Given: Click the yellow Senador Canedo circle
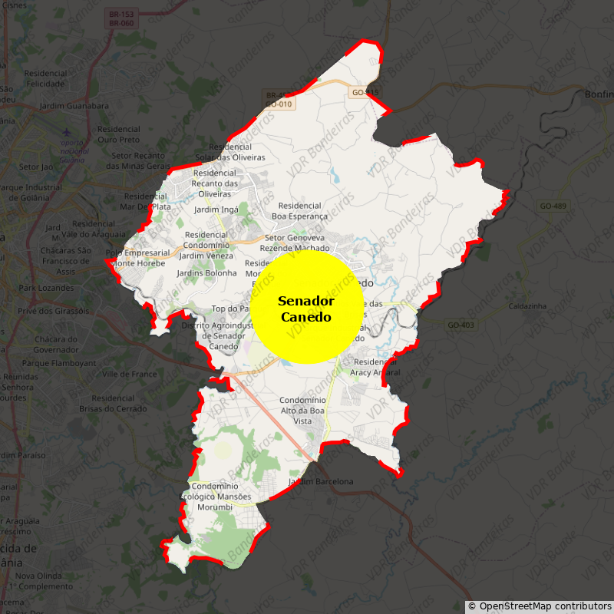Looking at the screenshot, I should [x=307, y=308].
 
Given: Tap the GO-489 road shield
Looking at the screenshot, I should [x=553, y=206].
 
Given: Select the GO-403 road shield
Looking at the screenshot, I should [x=461, y=325].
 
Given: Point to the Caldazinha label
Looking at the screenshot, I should [x=527, y=306].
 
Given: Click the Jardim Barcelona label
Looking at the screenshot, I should [x=321, y=481].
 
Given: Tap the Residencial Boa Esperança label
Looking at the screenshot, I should [x=299, y=210].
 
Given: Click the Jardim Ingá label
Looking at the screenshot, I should [x=216, y=210].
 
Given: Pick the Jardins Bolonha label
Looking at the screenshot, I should [x=206, y=272].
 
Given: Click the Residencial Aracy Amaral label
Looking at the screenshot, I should [x=375, y=367].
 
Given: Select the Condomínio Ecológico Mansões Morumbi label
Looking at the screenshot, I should [x=222, y=497].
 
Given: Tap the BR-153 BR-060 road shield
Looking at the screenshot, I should [x=121, y=19].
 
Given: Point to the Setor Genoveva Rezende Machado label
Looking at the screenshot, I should [x=295, y=243].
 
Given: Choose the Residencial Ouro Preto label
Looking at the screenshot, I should [x=119, y=134].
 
